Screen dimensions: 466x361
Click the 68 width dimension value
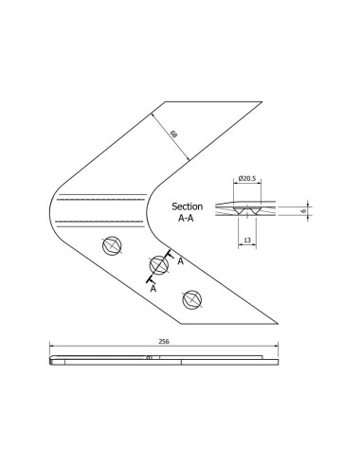coord(173,134)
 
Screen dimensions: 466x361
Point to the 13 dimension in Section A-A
coord(247,241)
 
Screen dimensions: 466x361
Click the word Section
coord(188,206)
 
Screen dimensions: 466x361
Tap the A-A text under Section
coord(188,218)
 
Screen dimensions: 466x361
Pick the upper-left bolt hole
coord(112,245)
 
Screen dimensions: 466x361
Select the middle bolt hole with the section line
coord(157,266)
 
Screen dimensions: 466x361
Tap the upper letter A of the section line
coord(180,259)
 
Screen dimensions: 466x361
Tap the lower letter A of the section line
coord(152,289)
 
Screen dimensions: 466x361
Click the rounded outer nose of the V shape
coord(49,210)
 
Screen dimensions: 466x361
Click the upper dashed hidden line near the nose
coord(99,198)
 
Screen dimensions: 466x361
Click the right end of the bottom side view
coord(279,359)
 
